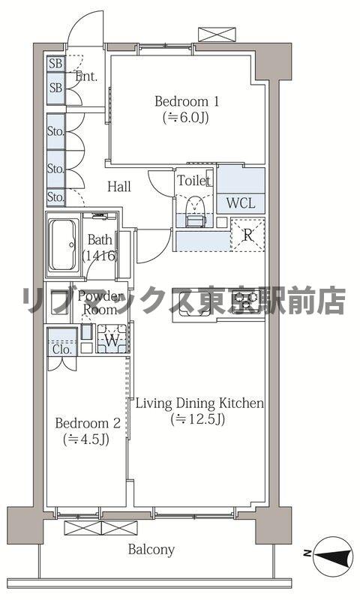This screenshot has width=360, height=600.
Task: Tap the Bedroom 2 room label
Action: (86, 423)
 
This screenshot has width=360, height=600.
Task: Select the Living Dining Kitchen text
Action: (199, 403)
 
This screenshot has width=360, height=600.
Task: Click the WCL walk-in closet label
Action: (240, 202)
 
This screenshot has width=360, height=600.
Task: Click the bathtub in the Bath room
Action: (62, 245)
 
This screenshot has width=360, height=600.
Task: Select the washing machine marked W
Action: (111, 340)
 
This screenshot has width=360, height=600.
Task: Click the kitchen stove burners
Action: (247, 302)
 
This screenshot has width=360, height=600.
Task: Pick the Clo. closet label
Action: (61, 349)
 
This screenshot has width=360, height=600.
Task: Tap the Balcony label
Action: (151, 550)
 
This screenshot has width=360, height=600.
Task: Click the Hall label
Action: (120, 186)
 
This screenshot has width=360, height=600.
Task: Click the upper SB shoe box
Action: (55, 64)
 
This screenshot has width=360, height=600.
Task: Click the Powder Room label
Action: (99, 302)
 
